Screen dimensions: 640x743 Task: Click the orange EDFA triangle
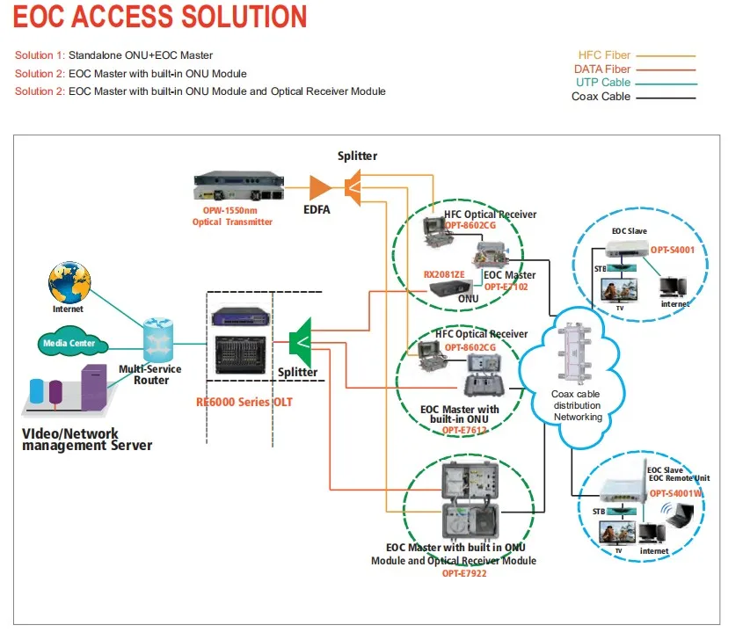(319, 186)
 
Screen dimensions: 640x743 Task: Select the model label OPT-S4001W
(680, 493)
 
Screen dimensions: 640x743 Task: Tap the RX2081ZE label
(444, 274)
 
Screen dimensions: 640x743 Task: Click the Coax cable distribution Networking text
(577, 405)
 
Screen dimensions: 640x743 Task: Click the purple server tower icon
(94, 387)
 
